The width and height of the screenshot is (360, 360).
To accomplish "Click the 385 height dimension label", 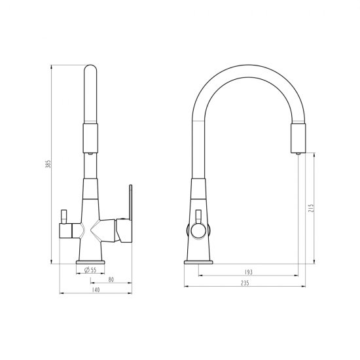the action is [48, 164].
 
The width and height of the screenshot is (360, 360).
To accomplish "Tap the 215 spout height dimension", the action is [311, 208].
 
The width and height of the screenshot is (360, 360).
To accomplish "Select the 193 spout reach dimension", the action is [249, 272].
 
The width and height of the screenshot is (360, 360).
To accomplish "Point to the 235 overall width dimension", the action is [245, 283].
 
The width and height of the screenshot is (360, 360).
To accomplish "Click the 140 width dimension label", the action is [96, 290].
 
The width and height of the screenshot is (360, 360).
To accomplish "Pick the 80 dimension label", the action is [111, 279].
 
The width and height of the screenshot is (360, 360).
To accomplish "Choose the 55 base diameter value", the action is [94, 270].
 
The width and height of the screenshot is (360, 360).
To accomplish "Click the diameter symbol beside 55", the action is [87, 270].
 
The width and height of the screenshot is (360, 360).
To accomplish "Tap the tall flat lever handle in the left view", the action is [131, 202].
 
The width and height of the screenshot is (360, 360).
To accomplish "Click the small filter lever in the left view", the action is [63, 216].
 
